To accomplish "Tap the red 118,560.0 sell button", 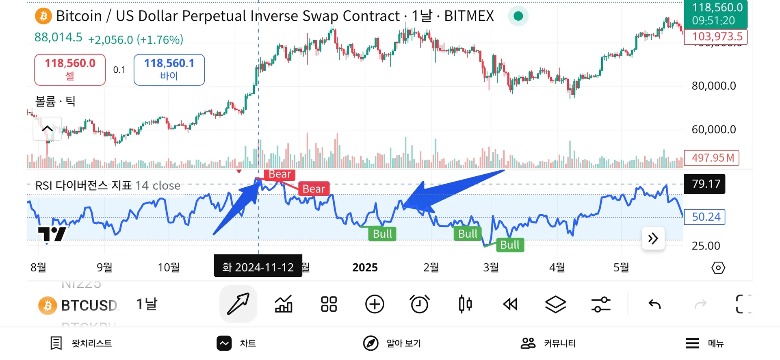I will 70,69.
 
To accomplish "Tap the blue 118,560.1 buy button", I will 169,69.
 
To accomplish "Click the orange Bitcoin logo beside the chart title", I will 43,16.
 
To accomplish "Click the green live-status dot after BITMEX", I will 518,16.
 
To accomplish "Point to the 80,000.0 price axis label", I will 714,86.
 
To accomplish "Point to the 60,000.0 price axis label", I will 714,130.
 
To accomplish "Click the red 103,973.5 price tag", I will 716,37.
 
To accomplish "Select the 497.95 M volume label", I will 712,158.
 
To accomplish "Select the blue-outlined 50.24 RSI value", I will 705,217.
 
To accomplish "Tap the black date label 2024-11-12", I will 258,267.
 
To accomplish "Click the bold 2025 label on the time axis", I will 365,267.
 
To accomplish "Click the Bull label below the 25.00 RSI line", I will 509,245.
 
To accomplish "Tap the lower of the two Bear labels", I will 314,189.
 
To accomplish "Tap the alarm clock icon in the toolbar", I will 420,304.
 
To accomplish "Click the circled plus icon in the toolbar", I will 375,304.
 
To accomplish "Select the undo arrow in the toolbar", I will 654,304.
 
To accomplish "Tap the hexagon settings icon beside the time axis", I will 718,268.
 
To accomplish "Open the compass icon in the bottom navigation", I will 370,343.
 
